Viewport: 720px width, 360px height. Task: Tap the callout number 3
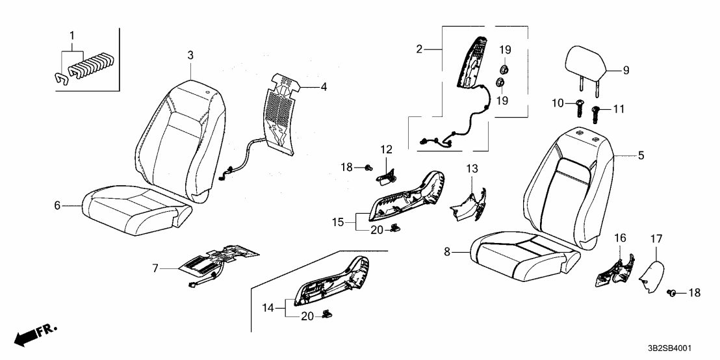(190, 57)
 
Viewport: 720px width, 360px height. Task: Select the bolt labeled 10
(578, 107)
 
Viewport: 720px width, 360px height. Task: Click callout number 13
(471, 170)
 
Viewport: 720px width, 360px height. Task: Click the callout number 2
(419, 49)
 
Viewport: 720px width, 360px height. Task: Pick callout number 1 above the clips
(72, 34)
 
